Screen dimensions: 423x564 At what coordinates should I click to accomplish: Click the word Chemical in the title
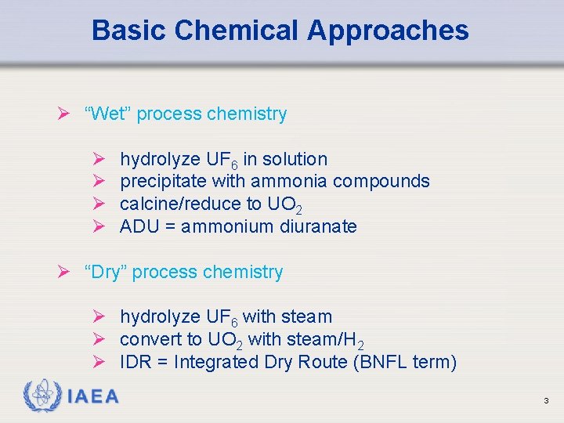(237, 31)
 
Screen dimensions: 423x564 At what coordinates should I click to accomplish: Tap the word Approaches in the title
(388, 31)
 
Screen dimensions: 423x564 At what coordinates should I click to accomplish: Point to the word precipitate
(160, 181)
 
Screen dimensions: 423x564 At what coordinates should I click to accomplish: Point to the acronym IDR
(135, 362)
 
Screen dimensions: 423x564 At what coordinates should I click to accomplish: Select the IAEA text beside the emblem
(93, 397)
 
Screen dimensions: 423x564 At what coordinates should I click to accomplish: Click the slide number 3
(546, 401)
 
